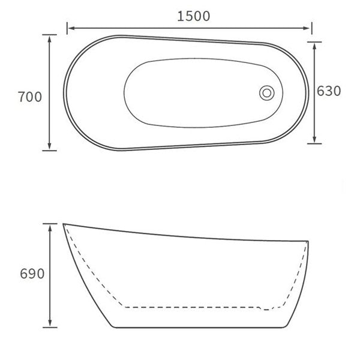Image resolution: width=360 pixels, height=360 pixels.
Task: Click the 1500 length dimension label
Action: (193, 16)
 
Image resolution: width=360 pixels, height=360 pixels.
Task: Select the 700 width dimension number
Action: (30, 96)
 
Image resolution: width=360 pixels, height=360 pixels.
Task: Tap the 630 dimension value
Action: (329, 91)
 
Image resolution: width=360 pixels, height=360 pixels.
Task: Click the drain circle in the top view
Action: (267, 92)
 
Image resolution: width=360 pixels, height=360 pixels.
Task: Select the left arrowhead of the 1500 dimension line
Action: (70, 27)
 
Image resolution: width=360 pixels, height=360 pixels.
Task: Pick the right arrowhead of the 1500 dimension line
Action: (308, 27)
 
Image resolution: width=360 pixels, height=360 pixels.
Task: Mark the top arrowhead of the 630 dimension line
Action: (314, 46)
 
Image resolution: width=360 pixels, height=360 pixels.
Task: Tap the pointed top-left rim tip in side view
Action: (64, 224)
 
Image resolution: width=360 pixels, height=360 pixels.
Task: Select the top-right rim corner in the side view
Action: (308, 241)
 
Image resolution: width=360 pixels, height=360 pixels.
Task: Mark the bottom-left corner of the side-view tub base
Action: (114, 327)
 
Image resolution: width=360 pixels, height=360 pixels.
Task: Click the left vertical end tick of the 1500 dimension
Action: (67, 27)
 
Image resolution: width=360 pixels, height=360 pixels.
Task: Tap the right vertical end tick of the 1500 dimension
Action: (312, 27)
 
